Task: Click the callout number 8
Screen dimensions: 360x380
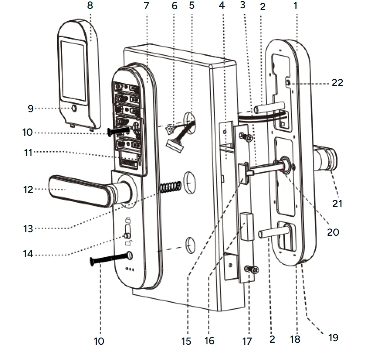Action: [90, 6]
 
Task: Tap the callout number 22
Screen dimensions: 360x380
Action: [337, 83]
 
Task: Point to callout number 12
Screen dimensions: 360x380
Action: [28, 190]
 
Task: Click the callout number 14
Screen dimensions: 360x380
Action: [28, 254]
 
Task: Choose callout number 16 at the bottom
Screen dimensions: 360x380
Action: [209, 341]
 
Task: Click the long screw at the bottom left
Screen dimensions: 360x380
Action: [108, 259]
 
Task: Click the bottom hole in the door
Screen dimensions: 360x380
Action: [190, 245]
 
